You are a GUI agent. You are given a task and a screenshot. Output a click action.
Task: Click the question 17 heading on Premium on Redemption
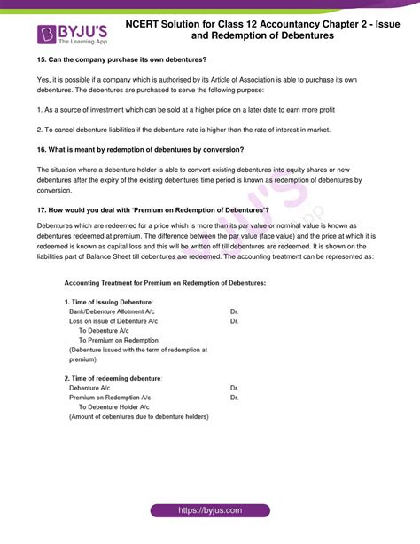147,209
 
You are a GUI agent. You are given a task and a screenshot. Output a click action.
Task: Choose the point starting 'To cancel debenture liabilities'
177,130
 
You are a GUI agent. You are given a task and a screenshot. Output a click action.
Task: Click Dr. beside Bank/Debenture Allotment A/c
234,311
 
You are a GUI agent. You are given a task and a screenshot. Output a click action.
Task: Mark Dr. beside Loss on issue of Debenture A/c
234,321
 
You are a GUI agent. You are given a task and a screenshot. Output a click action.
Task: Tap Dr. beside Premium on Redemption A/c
234,398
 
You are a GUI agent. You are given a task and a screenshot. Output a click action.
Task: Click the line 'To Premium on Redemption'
119,340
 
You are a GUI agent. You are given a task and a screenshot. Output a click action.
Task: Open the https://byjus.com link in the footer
210,512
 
